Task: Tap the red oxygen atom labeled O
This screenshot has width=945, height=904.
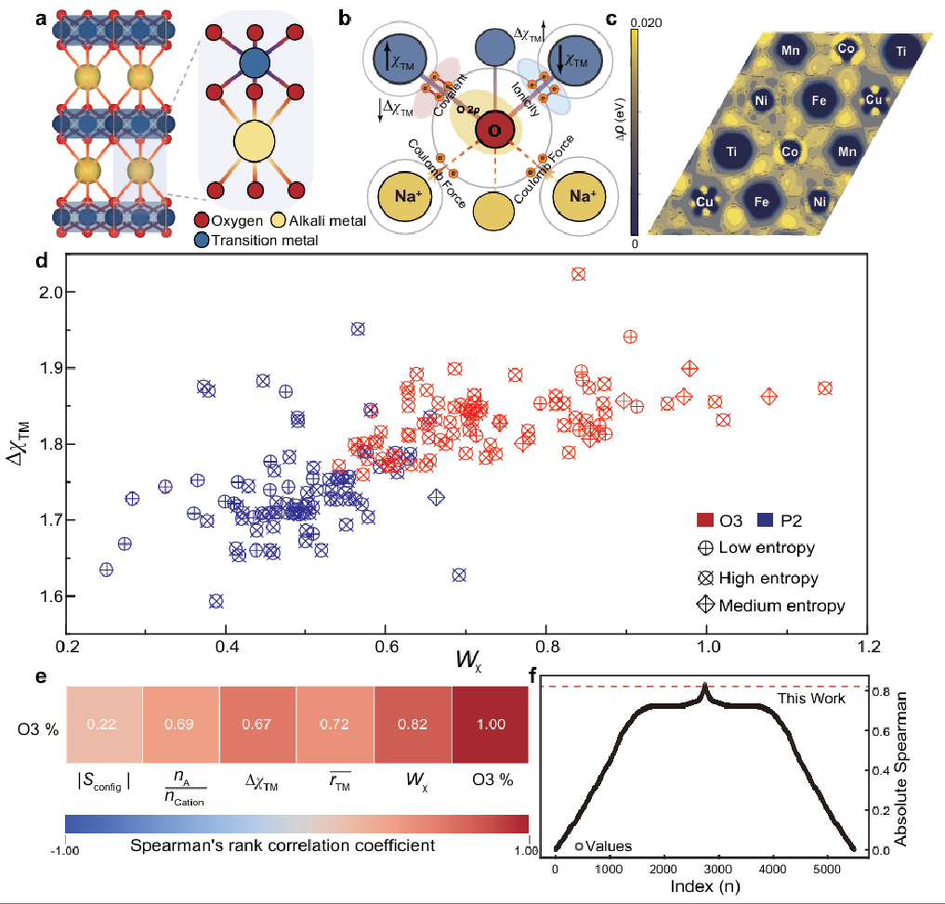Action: (494, 131)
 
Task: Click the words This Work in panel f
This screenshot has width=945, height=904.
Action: (811, 698)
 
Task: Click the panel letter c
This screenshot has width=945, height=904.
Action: (636, 19)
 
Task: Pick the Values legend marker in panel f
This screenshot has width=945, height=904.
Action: (579, 846)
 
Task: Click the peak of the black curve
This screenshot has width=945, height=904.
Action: (704, 686)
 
